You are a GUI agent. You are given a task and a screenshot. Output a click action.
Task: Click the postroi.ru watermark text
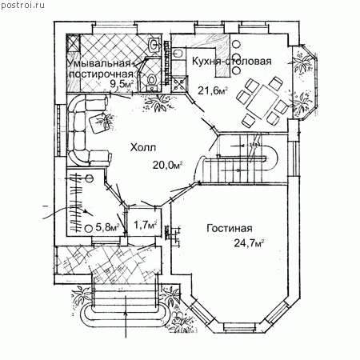[x=23, y=5]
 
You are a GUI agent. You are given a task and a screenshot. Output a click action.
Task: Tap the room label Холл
[x=142, y=147]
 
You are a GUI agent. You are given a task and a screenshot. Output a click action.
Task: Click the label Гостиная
[x=230, y=228]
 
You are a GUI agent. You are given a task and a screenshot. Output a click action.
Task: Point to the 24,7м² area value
[x=249, y=243]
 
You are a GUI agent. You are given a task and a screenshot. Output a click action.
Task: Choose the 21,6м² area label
[x=213, y=90]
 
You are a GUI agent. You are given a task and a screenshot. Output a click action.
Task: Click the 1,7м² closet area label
[x=145, y=226]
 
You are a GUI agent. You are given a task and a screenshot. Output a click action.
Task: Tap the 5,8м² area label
[x=106, y=227]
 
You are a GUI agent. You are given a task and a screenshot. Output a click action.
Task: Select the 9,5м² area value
[x=122, y=84]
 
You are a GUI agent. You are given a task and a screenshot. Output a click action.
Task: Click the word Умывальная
[x=99, y=64]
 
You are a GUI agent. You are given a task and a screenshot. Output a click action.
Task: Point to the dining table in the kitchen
[x=262, y=102]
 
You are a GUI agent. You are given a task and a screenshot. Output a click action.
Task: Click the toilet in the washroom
[x=152, y=80]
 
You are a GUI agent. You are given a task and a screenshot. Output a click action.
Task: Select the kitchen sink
[x=178, y=54]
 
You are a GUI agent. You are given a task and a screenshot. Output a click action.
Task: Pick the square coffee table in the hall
[x=100, y=122]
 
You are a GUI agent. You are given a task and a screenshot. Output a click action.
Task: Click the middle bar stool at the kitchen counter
[x=236, y=57]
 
